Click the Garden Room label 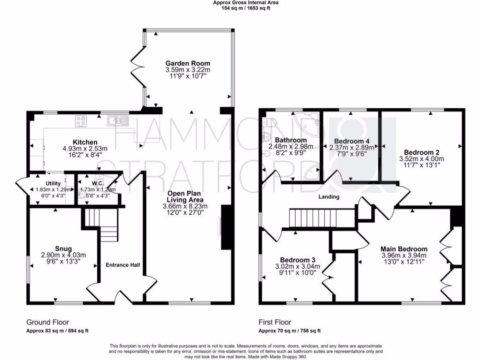187,63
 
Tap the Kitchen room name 85,142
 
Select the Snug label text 63,248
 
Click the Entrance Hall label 122,265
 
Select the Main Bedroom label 404,249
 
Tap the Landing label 329,197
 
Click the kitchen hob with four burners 81,121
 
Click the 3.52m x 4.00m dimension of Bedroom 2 421,159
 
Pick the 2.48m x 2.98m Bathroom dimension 291,146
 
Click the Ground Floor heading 47,322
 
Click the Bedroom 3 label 298,260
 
